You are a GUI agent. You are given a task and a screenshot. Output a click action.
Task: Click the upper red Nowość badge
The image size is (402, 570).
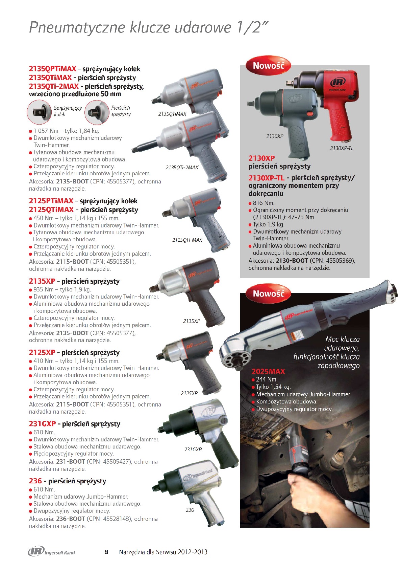(269, 66)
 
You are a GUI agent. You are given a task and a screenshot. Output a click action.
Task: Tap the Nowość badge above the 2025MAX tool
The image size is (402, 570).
(269, 294)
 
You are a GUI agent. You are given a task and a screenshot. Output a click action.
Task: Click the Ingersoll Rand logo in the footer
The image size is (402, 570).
(52, 552)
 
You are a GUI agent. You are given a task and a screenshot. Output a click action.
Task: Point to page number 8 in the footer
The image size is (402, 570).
(106, 552)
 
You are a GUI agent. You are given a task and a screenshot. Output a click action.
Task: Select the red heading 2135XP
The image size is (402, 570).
(42, 281)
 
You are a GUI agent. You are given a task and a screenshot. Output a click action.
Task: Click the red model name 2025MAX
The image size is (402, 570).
(268, 371)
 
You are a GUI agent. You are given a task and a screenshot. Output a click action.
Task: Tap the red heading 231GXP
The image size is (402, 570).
(43, 424)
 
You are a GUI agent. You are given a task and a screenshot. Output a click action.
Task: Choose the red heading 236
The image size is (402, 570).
(35, 481)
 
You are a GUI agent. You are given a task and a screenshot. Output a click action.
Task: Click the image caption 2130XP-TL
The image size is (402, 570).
(342, 148)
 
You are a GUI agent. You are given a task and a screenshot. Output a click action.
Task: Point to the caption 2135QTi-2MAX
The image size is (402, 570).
(182, 168)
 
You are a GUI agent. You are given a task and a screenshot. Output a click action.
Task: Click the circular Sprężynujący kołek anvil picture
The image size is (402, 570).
(40, 112)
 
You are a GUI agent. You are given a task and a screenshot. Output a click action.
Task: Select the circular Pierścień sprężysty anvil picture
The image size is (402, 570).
(97, 112)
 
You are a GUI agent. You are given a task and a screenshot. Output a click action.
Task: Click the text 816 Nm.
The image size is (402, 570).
(263, 203)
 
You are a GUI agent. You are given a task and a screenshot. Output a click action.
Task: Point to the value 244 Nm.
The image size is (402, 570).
(267, 379)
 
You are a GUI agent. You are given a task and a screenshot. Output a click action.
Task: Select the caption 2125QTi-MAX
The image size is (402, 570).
(187, 240)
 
